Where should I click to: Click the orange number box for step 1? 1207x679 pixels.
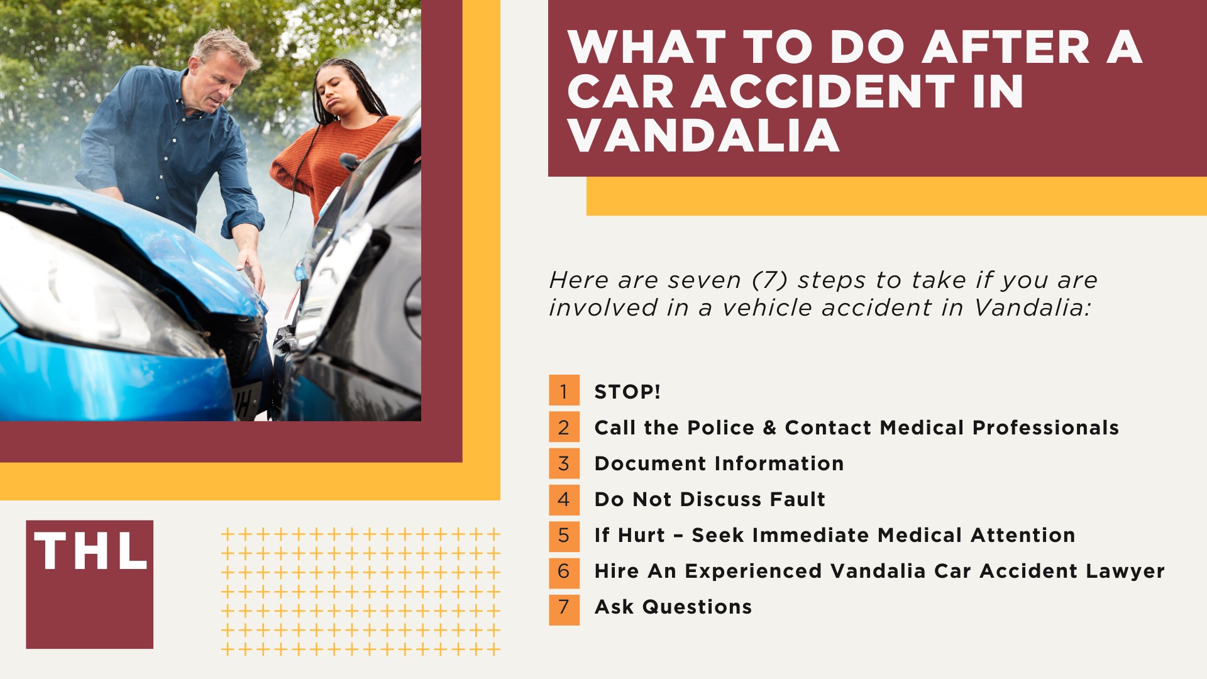point(564,390)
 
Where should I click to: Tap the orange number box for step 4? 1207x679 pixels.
point(564,499)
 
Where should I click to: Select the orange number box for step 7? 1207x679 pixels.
point(564,608)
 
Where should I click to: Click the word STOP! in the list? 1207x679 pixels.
point(627,392)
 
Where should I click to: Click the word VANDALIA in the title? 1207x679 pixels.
point(703,136)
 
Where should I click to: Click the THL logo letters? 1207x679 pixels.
point(91,551)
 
